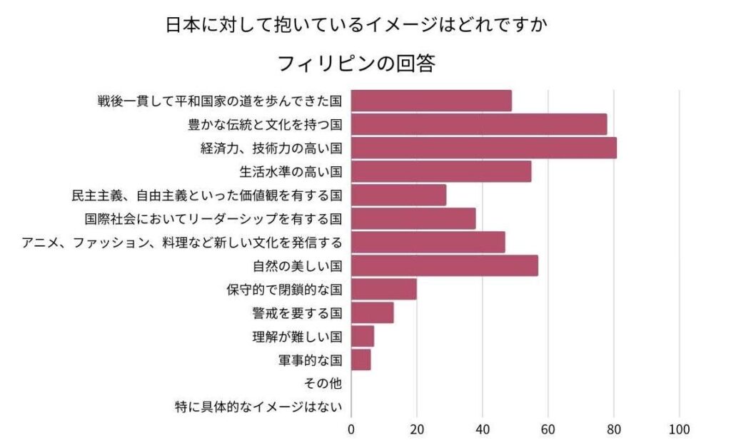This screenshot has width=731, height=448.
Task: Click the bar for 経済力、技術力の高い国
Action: (x=483, y=148)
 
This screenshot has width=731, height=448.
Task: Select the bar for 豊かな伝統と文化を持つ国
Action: (x=479, y=124)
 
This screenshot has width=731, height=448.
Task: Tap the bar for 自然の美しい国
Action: (x=445, y=265)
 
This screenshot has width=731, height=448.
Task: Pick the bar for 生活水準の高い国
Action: (x=441, y=171)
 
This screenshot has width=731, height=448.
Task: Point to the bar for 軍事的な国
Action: (x=361, y=360)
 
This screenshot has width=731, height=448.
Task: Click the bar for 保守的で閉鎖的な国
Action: (x=384, y=289)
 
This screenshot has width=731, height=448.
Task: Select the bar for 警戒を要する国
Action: (x=373, y=312)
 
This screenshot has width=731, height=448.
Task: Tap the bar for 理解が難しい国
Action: (x=363, y=336)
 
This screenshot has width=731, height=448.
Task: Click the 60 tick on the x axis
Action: (x=548, y=429)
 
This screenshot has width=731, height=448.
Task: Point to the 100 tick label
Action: (x=679, y=429)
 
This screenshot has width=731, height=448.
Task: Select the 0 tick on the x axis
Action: (x=351, y=429)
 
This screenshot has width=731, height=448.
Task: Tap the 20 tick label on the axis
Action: (x=417, y=429)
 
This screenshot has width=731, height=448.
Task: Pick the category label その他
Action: (x=323, y=383)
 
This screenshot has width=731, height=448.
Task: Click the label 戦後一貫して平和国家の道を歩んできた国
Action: (x=220, y=101)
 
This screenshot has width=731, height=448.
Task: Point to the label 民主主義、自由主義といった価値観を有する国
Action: (x=207, y=195)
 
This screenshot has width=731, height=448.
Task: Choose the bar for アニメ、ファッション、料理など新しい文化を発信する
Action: (x=428, y=242)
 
